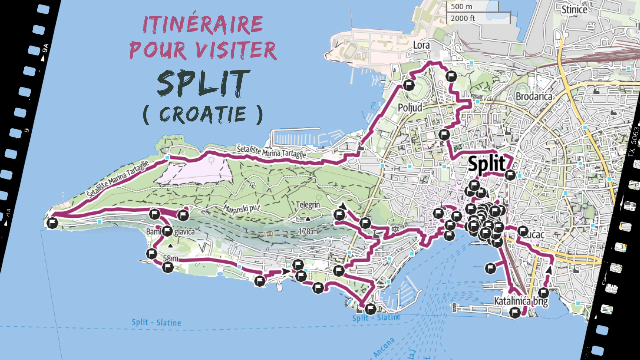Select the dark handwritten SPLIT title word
[x=203, y=82]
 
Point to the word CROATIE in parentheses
[x=203, y=114]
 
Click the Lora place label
[x=421, y=45]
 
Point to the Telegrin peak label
[x=307, y=205]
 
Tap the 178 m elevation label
[x=308, y=232]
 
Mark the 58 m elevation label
[x=170, y=258]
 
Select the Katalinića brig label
[x=521, y=302]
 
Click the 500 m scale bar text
[x=461, y=7]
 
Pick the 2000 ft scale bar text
[x=463, y=18]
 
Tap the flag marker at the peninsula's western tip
[x=52, y=223]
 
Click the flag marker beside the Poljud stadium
[x=409, y=85]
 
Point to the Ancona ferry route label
[x=383, y=348]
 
